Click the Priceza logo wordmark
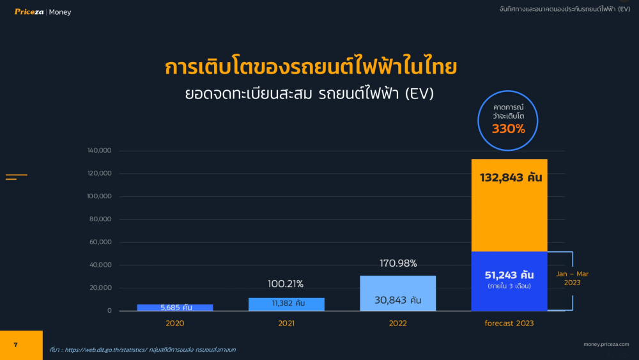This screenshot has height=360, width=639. click(29, 12)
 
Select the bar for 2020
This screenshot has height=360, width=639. click(175, 308)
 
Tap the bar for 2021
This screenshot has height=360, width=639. click(286, 304)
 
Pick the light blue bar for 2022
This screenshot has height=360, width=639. click(397, 293)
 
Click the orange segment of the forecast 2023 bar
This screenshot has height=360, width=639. click(509, 205)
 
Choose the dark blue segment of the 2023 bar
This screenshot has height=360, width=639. click(509, 281)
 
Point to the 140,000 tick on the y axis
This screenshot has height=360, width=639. click(99, 150)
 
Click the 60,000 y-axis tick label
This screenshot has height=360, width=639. click(100, 242)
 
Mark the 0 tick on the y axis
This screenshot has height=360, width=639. click(109, 311)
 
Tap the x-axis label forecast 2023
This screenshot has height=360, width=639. click(509, 324)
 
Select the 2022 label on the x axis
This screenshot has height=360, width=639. click(397, 324)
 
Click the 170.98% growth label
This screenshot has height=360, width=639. click(398, 263)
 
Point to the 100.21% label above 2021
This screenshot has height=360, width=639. click(285, 284)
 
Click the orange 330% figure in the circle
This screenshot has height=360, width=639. click(508, 129)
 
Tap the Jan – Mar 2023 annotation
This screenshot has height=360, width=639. click(572, 278)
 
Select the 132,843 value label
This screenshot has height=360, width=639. click(511, 178)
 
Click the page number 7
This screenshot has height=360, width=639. click(15, 345)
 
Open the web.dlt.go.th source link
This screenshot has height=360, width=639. click(106, 350)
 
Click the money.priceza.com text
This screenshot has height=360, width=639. click(606, 344)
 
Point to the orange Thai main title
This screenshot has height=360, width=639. click(311, 67)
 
